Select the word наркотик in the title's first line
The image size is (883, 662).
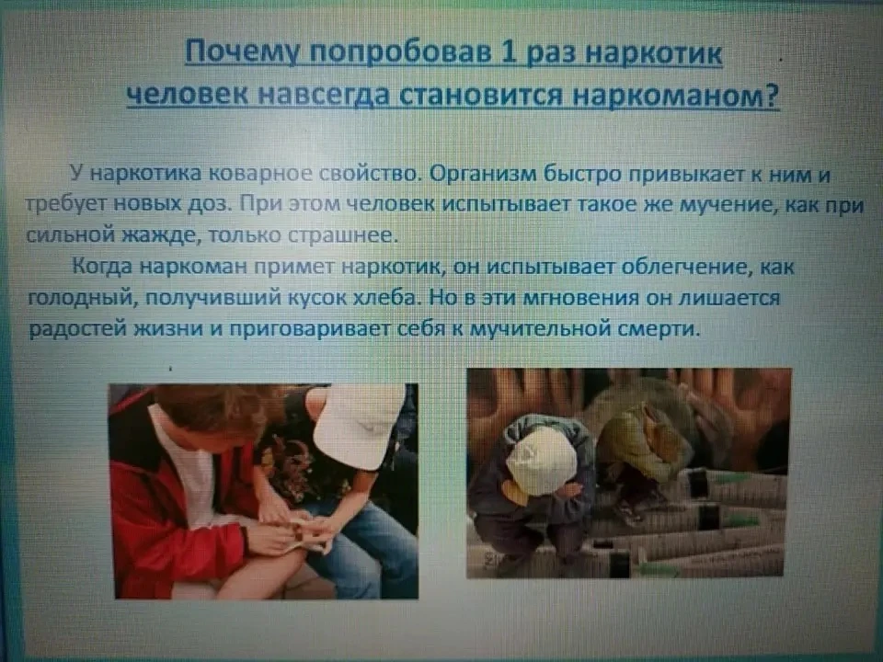coord(654,54)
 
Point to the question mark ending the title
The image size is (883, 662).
coord(772,95)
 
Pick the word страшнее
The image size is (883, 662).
coord(342,234)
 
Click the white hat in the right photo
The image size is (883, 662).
coord(541,461)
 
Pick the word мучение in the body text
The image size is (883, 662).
coord(724,204)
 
